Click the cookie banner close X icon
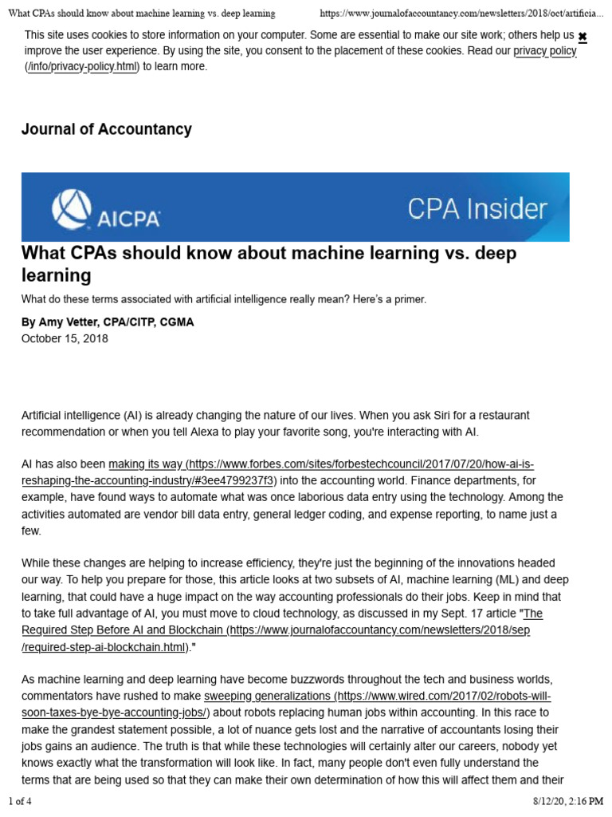(583, 37)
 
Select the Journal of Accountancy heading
(106, 129)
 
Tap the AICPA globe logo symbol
(73, 208)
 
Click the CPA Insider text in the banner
(477, 209)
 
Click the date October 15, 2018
(65, 338)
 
